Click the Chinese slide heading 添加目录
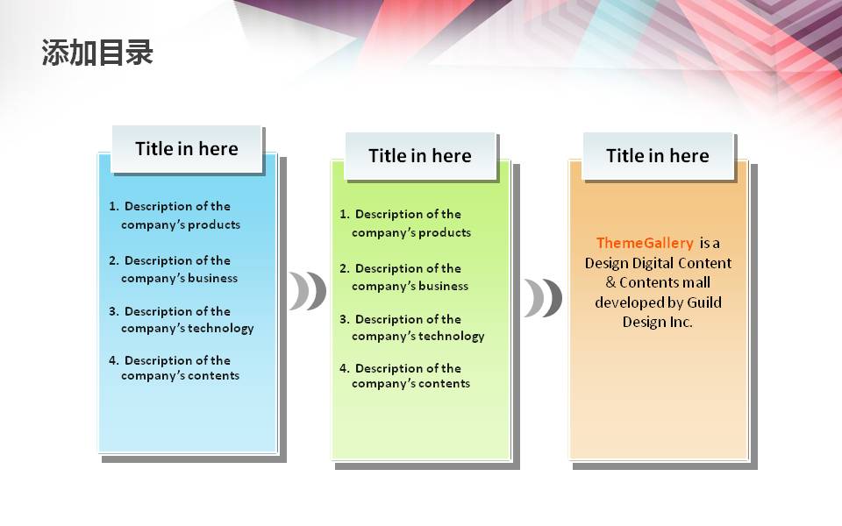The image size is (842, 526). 97,53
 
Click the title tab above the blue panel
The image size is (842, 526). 186,149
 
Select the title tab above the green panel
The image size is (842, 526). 420,156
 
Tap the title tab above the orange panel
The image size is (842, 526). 658,156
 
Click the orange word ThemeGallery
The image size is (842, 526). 645,243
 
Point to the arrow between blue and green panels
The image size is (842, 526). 308,291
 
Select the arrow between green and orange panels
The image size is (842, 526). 544,298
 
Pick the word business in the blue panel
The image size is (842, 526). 212,278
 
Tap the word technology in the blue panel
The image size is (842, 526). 221,329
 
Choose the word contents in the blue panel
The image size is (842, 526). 213,376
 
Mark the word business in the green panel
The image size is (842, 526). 443,286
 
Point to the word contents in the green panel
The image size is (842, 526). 444,384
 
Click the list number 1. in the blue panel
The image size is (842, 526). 114,206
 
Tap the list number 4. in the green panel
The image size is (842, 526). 344,368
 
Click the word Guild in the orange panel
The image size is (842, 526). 704,302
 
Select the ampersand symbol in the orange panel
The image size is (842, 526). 610,282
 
